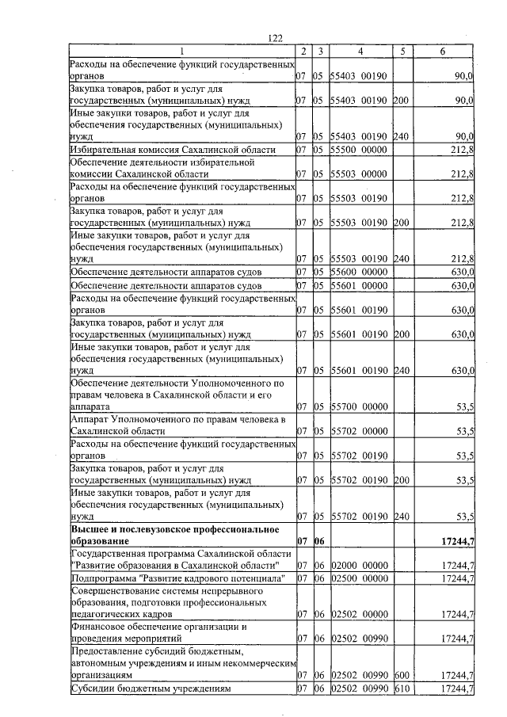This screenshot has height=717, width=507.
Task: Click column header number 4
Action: [x=360, y=51]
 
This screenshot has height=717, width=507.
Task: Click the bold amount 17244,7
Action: [x=455, y=540]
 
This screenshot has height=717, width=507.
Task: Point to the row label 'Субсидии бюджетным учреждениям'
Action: [x=151, y=688]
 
